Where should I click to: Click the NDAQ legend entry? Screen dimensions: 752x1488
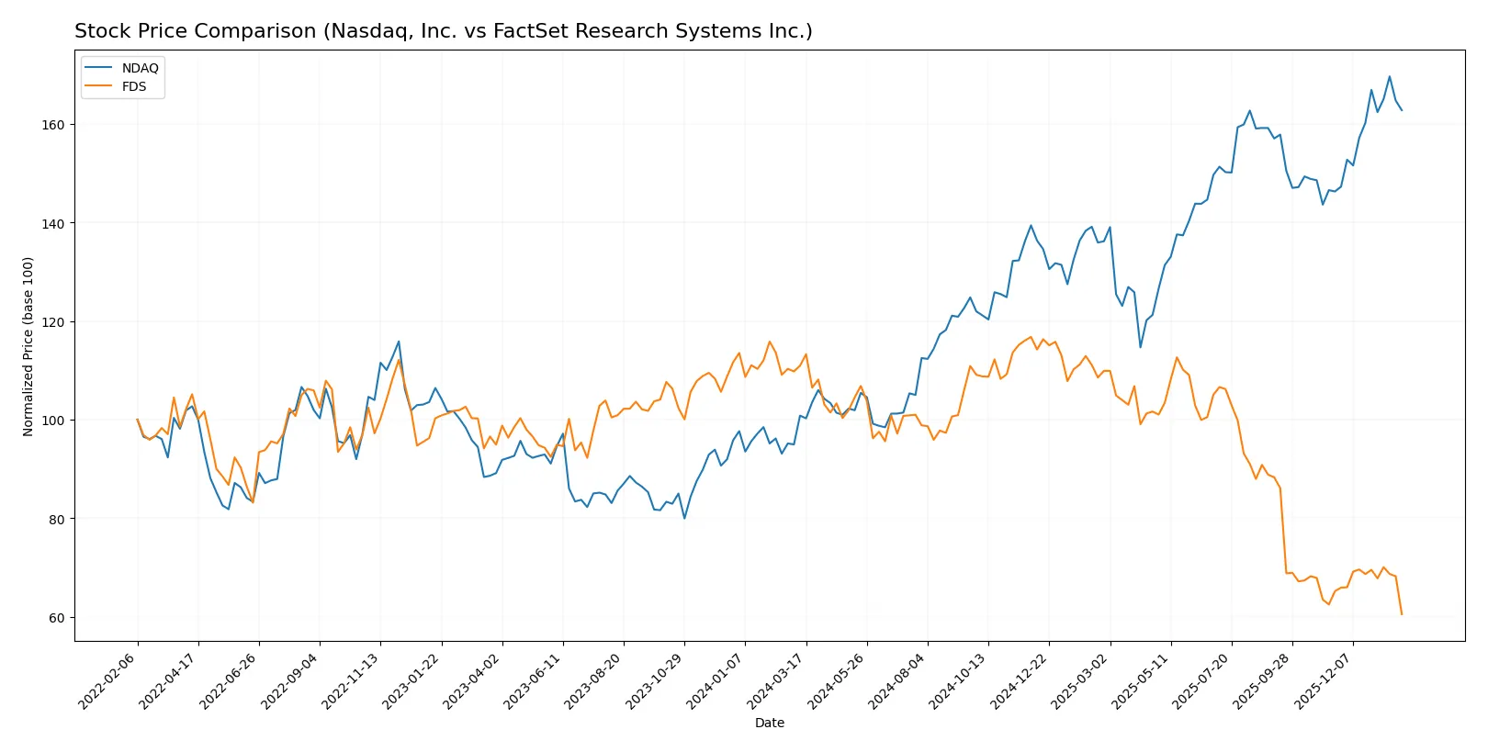pos(140,68)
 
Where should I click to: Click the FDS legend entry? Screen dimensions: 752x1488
pos(133,86)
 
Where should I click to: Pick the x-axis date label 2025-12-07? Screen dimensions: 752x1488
pos(1325,680)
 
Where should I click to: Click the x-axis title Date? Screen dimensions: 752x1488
pos(769,723)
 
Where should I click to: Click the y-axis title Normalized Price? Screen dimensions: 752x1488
pos(28,346)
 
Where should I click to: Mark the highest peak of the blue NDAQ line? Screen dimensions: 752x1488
pos(1389,76)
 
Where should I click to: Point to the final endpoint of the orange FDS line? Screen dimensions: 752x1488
pos(1402,614)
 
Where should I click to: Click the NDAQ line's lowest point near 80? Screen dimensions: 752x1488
pos(684,519)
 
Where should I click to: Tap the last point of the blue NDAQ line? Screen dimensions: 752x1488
pos(1402,110)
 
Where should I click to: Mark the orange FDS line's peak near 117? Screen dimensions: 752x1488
pos(1031,337)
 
